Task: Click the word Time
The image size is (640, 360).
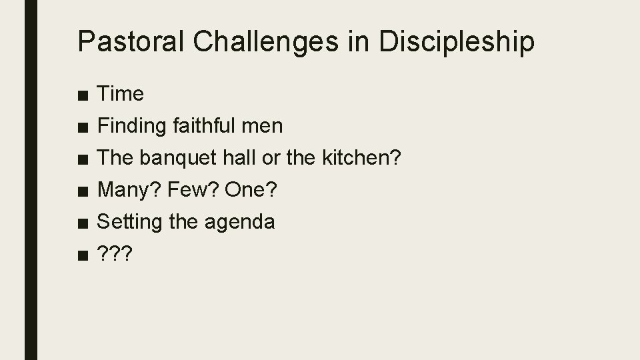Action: [x=121, y=94]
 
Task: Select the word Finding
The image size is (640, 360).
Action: [x=133, y=125]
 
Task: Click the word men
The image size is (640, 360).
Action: [x=266, y=125]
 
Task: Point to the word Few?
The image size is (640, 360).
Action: [x=194, y=189]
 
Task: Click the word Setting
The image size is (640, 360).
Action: [x=130, y=221]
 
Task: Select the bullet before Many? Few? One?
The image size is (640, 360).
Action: [x=82, y=191]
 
